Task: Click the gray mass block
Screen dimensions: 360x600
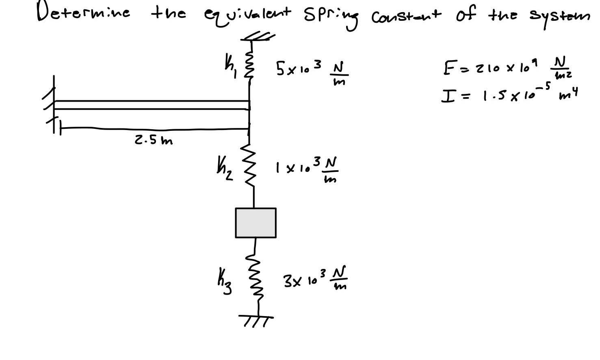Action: click(x=256, y=223)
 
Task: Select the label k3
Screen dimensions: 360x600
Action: click(x=224, y=280)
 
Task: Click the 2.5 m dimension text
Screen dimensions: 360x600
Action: click(x=154, y=141)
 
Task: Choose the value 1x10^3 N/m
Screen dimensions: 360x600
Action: click(x=306, y=169)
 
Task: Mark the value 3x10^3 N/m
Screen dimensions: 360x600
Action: click(x=315, y=278)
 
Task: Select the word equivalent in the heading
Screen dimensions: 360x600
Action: click(x=247, y=15)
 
